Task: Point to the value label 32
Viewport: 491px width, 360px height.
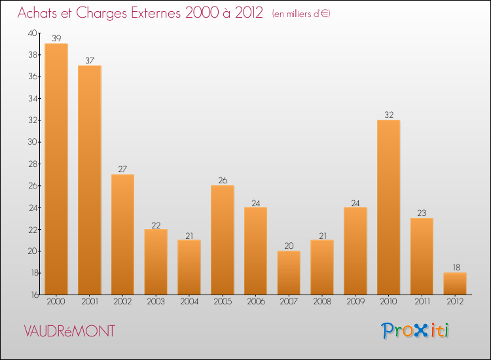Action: click(x=389, y=115)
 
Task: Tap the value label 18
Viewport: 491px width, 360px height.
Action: click(x=455, y=268)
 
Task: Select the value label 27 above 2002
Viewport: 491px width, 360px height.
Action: click(x=122, y=170)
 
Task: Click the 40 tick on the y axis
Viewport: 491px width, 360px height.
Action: click(x=32, y=33)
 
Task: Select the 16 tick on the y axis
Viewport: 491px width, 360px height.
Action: click(x=32, y=295)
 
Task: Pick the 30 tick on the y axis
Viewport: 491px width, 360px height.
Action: click(x=32, y=142)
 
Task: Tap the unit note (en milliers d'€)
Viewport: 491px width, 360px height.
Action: click(x=300, y=14)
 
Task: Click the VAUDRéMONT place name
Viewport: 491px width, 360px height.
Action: click(x=69, y=331)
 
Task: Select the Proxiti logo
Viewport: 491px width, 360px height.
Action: click(x=416, y=331)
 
